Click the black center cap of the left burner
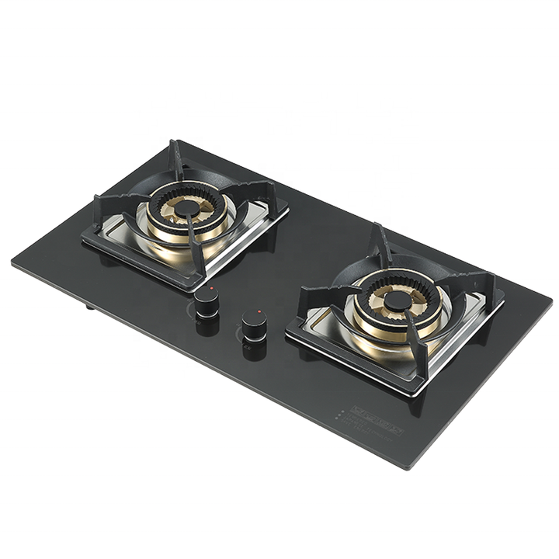point(186,209)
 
